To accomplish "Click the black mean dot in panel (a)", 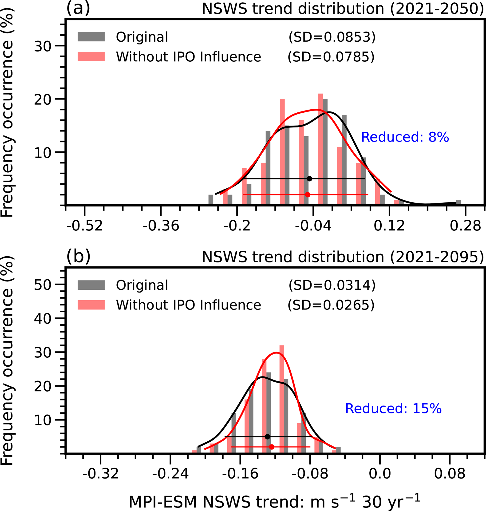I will click(309, 179).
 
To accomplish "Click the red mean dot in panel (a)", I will click(308, 195).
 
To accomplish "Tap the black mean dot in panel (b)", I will click(268, 437).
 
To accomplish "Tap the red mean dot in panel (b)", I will click(272, 447).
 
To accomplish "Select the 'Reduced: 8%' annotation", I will click(405, 137).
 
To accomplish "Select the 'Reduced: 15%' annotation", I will click(393, 409).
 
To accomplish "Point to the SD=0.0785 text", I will click(331, 57).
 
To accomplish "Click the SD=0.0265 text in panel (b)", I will click(331, 305).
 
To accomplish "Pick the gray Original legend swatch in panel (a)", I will click(91, 37).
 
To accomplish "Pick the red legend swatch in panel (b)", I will click(91, 305).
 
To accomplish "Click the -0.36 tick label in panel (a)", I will click(161, 226).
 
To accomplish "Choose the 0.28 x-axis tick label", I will click(465, 226).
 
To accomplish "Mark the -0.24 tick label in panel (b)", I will click(170, 474).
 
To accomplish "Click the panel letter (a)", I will click(78, 8).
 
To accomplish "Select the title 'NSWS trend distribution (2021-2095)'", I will click(343, 257).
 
